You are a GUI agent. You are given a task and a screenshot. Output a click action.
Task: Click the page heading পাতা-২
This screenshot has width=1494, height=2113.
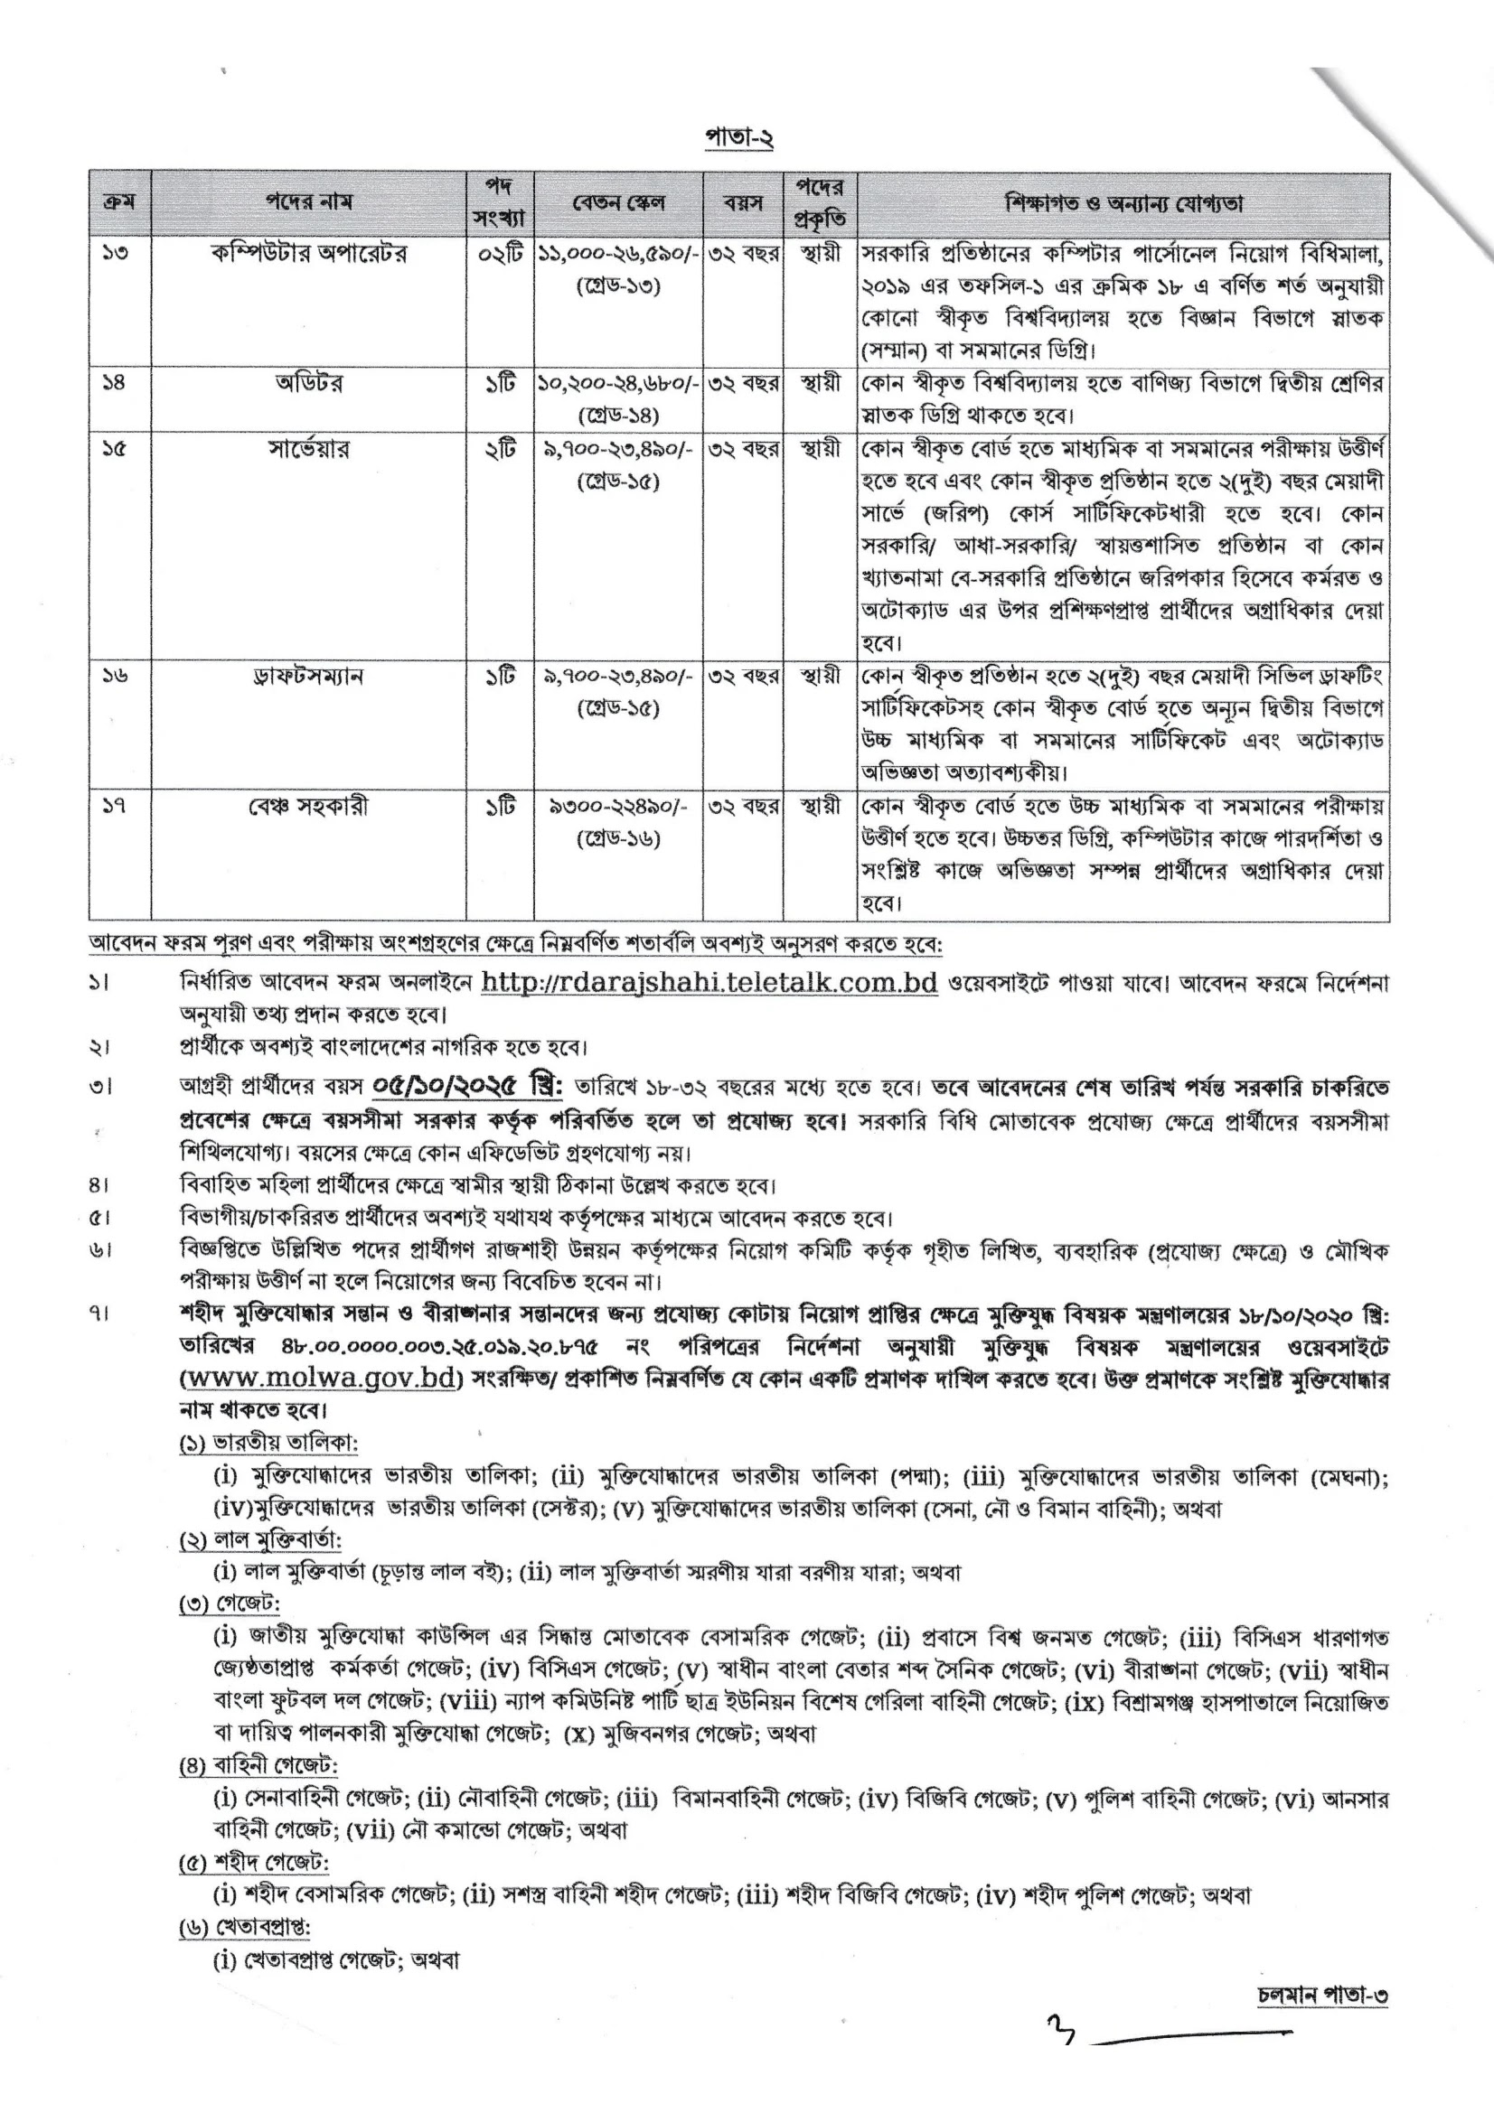739,138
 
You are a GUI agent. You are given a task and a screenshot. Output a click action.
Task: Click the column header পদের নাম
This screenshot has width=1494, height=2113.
309,202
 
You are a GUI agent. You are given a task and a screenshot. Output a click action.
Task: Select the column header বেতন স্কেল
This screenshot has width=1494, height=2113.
618,202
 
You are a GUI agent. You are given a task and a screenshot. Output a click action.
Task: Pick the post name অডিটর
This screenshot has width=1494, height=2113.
309,383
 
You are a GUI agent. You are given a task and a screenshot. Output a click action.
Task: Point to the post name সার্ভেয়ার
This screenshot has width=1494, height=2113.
309,449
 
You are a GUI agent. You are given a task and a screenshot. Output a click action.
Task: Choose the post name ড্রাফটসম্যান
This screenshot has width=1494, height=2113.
309,677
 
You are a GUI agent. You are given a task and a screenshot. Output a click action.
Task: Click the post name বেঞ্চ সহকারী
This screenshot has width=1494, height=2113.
309,807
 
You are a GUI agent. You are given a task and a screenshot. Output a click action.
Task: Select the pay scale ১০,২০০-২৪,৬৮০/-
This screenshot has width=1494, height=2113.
618,383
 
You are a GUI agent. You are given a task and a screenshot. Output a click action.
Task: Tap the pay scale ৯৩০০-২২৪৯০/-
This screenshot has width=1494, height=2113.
618,807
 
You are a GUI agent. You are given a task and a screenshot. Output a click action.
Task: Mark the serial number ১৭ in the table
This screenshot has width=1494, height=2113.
115,807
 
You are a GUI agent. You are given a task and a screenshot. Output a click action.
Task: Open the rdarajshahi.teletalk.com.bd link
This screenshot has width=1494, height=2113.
709,983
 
